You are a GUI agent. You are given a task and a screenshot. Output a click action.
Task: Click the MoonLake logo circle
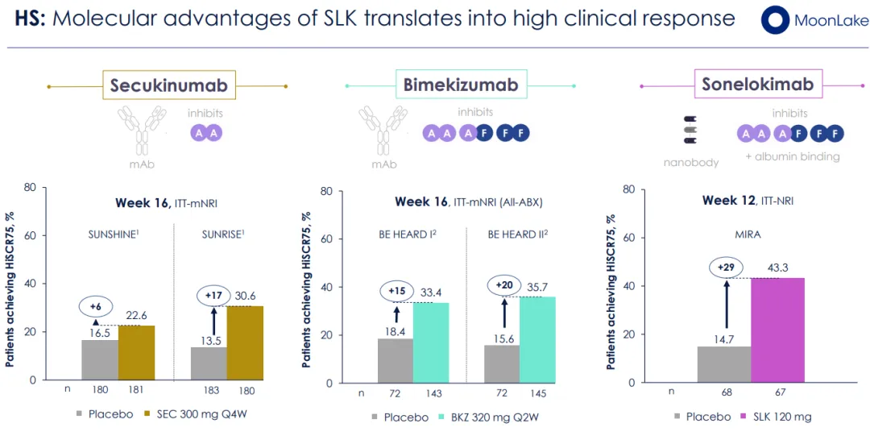[775, 20]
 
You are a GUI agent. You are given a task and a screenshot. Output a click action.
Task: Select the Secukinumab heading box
[168, 85]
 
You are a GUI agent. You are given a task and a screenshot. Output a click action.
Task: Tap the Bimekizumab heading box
[460, 85]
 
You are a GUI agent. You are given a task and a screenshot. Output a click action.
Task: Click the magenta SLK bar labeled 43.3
[777, 330]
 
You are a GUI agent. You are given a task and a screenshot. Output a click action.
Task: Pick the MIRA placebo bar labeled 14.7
[724, 364]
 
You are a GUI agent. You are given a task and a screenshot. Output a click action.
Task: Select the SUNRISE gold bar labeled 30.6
[245, 342]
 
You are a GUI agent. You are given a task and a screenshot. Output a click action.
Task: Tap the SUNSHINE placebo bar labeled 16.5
[99, 359]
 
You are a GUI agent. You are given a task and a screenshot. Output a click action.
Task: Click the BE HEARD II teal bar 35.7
[537, 339]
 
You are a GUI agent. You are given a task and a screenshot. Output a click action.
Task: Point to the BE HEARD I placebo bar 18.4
[396, 360]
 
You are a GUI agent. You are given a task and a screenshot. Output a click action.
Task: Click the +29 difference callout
[726, 268]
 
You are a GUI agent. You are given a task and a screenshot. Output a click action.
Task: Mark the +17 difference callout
[213, 297]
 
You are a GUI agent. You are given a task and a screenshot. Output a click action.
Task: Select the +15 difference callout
[396, 291]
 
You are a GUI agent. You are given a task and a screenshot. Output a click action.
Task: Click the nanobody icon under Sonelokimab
[690, 129]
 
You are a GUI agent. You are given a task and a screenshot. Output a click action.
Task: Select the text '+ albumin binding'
[792, 156]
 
